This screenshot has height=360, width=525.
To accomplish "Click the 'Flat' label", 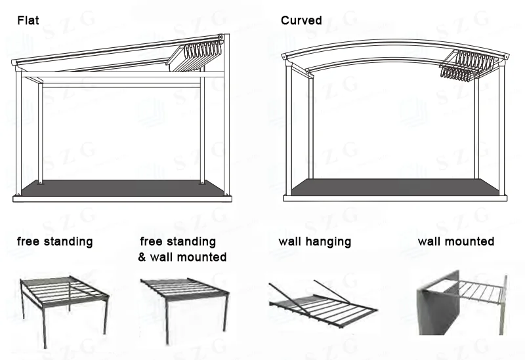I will [28, 20].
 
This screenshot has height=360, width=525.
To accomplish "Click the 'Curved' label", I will [301, 20].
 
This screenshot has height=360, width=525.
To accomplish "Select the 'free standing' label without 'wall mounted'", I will [54, 241].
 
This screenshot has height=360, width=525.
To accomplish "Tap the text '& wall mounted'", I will [182, 257].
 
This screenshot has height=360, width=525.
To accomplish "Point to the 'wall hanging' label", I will [314, 241].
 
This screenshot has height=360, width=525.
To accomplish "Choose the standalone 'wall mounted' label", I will [455, 241].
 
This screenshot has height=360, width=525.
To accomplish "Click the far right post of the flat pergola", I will [226, 125].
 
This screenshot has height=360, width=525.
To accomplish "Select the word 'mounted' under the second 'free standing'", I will [203, 257].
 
